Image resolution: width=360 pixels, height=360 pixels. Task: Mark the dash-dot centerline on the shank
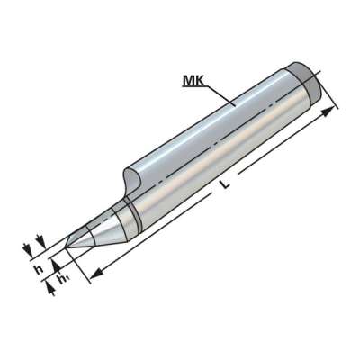pos(216,144)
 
